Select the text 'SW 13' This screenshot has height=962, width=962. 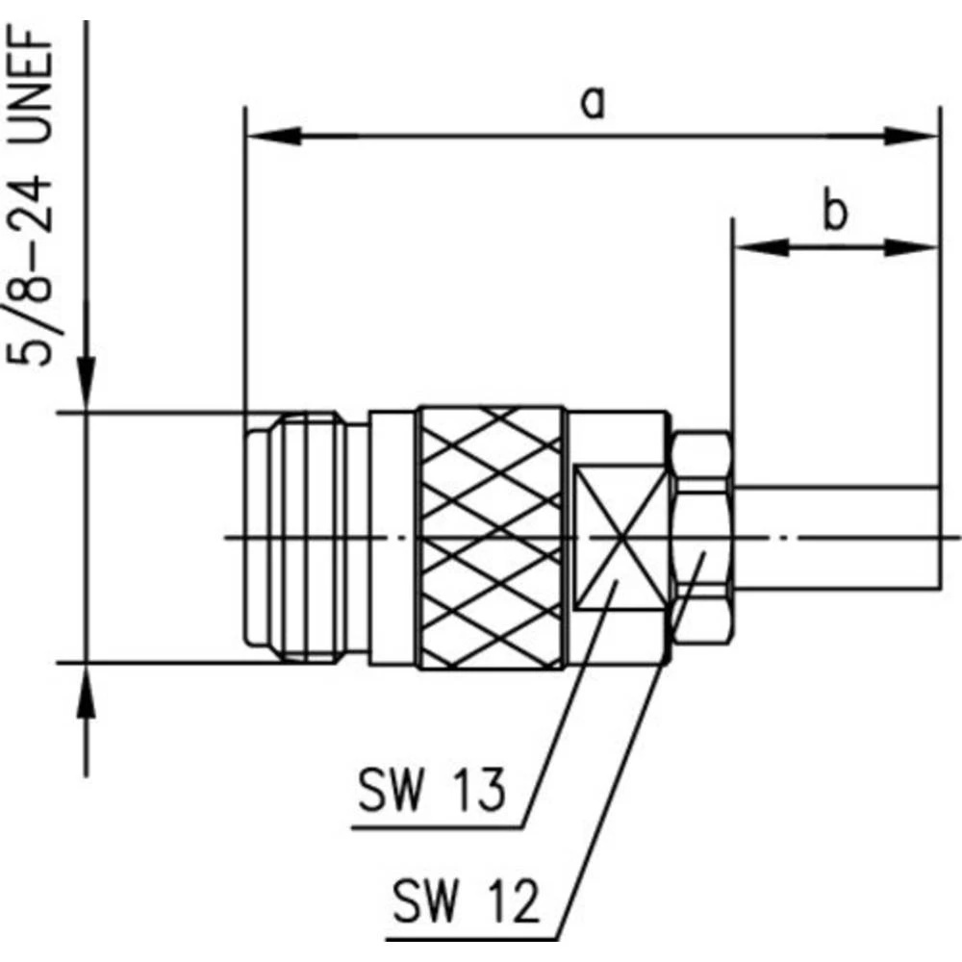pyautogui.click(x=432, y=792)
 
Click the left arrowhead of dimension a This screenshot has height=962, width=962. pyautogui.click(x=274, y=138)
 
